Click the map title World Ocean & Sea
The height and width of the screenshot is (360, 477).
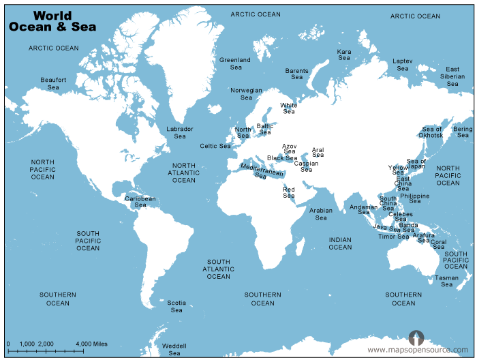[52, 21]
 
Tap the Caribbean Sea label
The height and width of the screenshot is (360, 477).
[140, 202]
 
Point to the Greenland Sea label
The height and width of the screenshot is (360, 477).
[235, 63]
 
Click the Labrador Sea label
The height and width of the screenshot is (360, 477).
[180, 132]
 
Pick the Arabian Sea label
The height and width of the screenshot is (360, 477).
[321, 214]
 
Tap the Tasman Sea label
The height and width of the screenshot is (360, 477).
[447, 281]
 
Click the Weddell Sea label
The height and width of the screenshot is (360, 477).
[174, 350]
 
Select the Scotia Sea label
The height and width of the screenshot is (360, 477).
[176, 306]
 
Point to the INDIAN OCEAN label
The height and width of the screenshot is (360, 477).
[341, 243]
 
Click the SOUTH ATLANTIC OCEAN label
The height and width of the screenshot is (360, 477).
[219, 269]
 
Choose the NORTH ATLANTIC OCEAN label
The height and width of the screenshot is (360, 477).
[184, 172]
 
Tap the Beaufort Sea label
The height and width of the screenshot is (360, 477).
[53, 84]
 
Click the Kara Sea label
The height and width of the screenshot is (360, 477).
[345, 55]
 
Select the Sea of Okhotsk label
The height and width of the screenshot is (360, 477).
[432, 132]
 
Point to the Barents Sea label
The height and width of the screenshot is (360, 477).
[297, 74]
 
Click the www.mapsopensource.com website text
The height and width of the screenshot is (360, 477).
[418, 350]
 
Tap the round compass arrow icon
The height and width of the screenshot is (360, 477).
[416, 337]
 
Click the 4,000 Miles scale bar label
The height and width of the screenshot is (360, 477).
[91, 343]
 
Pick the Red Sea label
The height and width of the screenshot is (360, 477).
[289, 192]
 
